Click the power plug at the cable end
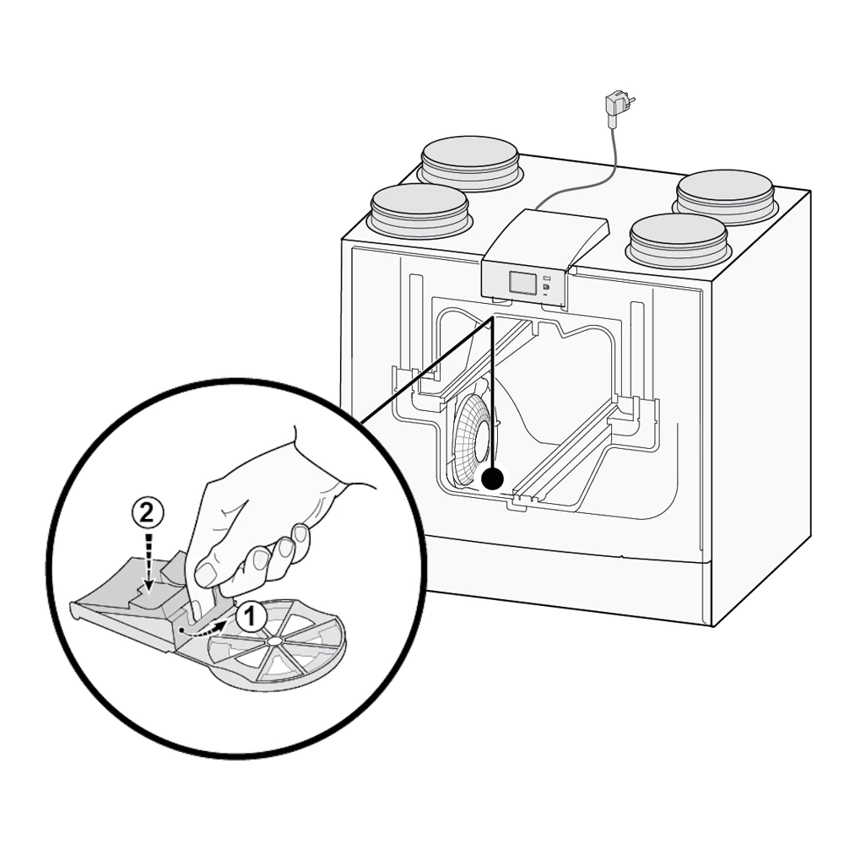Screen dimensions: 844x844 point(619,107)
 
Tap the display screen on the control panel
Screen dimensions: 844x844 point(522,282)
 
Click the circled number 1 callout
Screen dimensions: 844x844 point(251,617)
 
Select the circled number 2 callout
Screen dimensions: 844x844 point(147,513)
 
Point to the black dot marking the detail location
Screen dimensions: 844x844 point(492,479)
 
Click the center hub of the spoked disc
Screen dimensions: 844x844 point(274,641)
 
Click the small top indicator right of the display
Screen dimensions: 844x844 point(547,278)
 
